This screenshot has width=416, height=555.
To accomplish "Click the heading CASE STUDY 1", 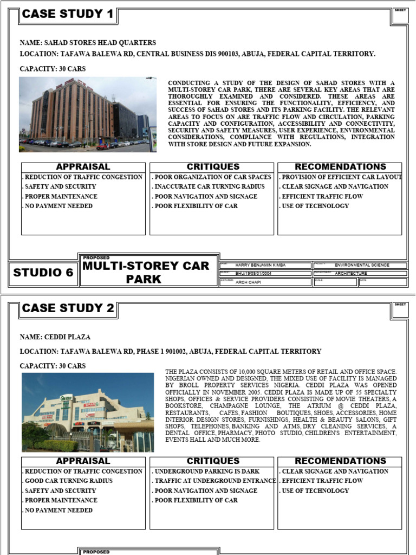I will [68, 14].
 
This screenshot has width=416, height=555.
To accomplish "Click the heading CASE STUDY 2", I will [68, 308].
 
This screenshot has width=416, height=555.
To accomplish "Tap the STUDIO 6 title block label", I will [43, 273].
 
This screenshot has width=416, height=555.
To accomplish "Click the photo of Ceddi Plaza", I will [88, 412].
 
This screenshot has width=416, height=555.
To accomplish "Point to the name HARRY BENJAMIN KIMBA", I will [261, 266].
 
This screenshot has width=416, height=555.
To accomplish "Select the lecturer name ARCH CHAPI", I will [249, 282].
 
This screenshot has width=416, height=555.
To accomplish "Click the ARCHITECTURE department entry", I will [351, 274].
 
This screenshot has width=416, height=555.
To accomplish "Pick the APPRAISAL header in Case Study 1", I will [83, 167].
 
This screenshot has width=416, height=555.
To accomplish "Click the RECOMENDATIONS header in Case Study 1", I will [340, 167].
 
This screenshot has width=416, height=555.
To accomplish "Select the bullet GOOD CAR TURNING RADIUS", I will [68, 481].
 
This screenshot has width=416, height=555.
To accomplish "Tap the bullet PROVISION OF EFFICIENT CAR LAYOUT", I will [341, 177].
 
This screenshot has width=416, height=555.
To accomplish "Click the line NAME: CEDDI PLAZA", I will [55, 337].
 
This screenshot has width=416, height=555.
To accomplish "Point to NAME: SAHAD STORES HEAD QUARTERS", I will [88, 43].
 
